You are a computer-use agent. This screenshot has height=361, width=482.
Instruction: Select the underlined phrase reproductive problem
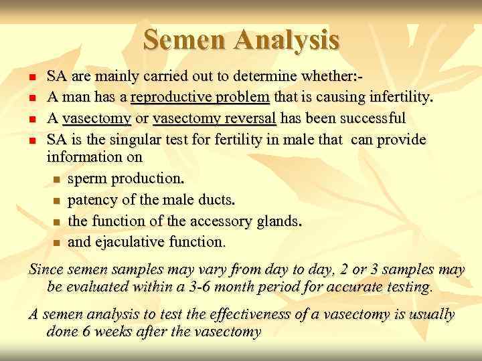tap(200, 99)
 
